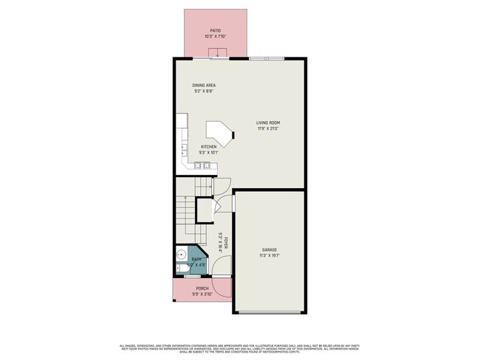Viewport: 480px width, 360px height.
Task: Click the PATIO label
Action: click(215, 30)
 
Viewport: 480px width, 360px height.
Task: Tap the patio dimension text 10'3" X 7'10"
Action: click(215, 36)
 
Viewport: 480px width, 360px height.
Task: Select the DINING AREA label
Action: click(204, 86)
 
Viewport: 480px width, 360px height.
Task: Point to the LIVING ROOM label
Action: click(268, 122)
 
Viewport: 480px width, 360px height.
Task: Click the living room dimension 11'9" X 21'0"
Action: click(268, 128)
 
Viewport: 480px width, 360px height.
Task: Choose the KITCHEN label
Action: click(209, 147)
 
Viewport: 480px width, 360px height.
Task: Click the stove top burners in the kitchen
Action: click(182, 148)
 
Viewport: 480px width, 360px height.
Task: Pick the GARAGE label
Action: click(269, 250)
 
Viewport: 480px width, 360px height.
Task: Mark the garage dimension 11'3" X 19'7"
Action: click(269, 256)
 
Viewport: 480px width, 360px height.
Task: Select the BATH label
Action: click(196, 259)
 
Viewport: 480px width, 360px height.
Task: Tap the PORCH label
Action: click(202, 288)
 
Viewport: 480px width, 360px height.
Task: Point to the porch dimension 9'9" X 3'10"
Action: click(202, 294)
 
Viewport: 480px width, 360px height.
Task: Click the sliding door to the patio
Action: click(216, 57)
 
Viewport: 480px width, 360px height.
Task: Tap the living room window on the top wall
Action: click(266, 58)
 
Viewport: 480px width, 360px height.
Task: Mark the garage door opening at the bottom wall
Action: click(270, 312)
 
